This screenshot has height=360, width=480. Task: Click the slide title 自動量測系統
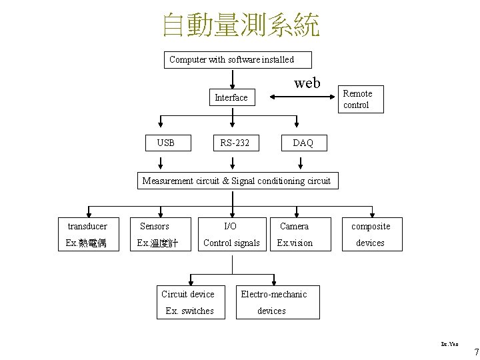241,25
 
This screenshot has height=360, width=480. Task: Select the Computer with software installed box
231,60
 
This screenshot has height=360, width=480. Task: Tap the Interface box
231,98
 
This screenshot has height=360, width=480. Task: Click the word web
307,83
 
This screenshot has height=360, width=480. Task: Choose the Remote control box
359,99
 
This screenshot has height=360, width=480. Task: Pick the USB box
165,143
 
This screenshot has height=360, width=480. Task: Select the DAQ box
303,143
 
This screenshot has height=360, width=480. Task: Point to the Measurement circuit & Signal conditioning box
237,181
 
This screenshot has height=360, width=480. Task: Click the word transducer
87,227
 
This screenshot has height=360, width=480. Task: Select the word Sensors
154,227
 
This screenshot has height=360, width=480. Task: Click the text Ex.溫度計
157,243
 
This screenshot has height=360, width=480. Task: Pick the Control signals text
231,243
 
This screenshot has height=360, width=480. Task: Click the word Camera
294,227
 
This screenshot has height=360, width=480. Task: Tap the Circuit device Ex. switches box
189,303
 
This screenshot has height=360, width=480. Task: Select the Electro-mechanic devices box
273,303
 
